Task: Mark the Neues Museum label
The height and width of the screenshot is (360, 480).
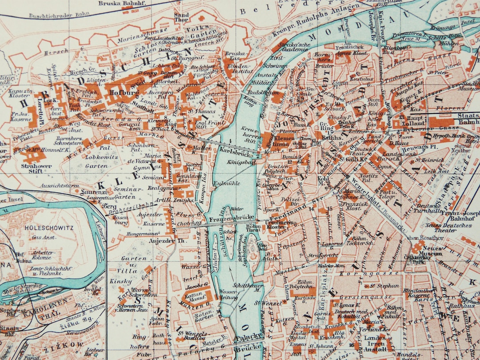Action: coord(432,251)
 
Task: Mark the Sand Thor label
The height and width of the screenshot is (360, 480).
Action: coord(181,17)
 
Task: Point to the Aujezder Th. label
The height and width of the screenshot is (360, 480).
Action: coord(163,240)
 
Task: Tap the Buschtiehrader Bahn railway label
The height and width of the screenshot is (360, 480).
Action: coord(55,16)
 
